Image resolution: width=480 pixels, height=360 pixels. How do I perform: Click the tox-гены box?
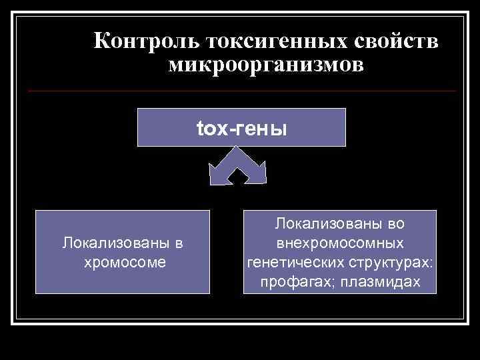pyautogui.click(x=241, y=127)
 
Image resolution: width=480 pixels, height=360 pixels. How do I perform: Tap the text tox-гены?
pyautogui.click(x=241, y=127)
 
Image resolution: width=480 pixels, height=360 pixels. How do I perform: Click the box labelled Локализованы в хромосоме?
pyautogui.click(x=123, y=252)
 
